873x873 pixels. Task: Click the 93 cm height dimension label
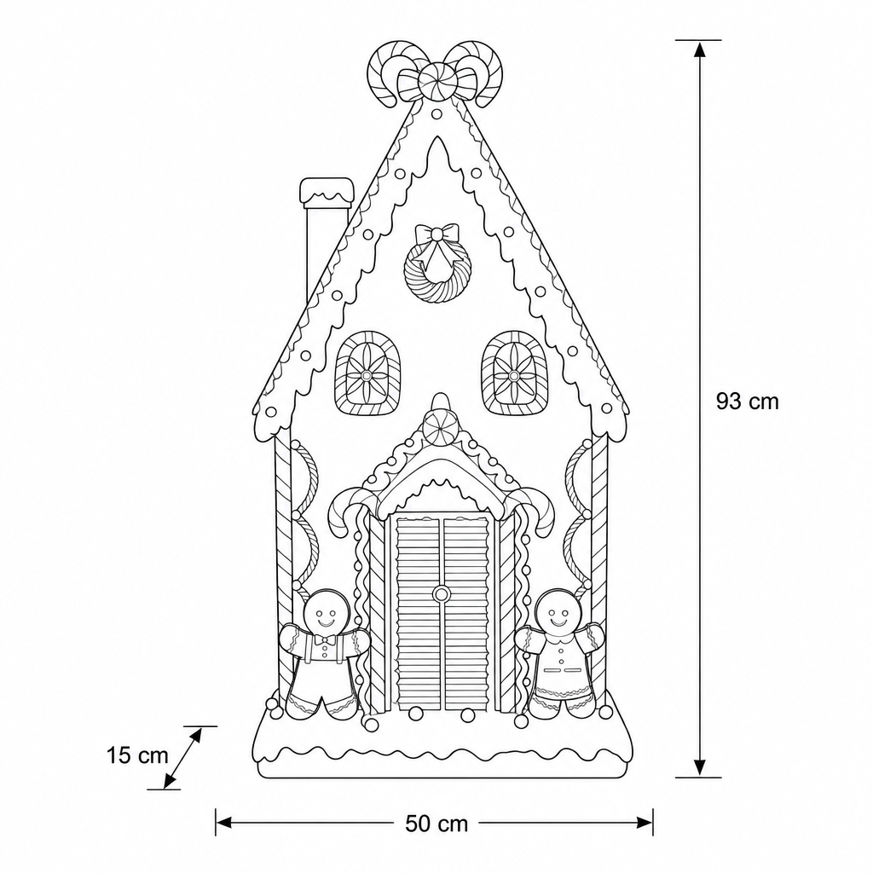[x=747, y=401]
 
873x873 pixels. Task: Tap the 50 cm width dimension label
[x=436, y=824]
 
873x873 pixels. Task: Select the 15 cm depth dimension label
[x=137, y=755]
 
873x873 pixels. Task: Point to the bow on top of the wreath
[x=437, y=234]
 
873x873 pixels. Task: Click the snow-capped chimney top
[x=327, y=191]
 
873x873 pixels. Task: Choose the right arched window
[x=513, y=373]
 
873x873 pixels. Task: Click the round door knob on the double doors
[x=442, y=593]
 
